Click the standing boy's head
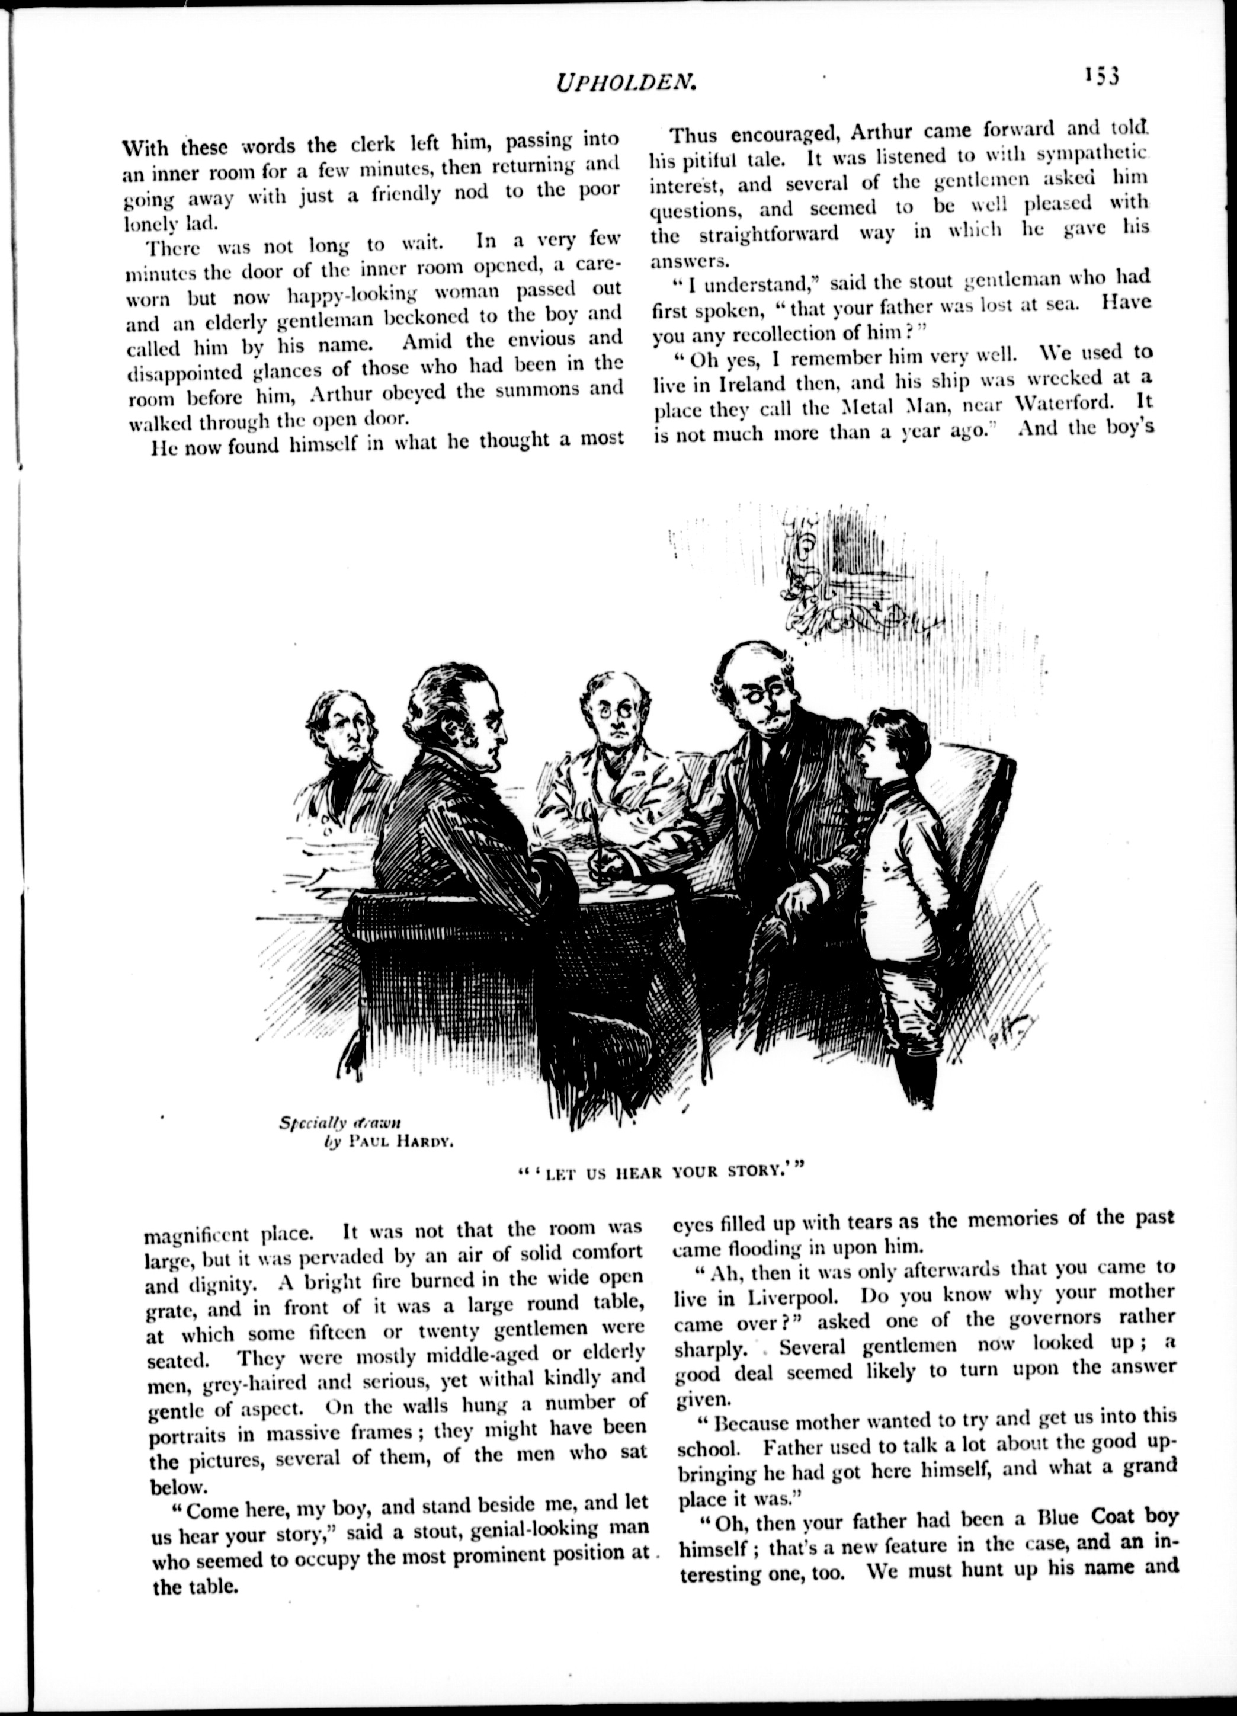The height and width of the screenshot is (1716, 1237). point(895,741)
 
